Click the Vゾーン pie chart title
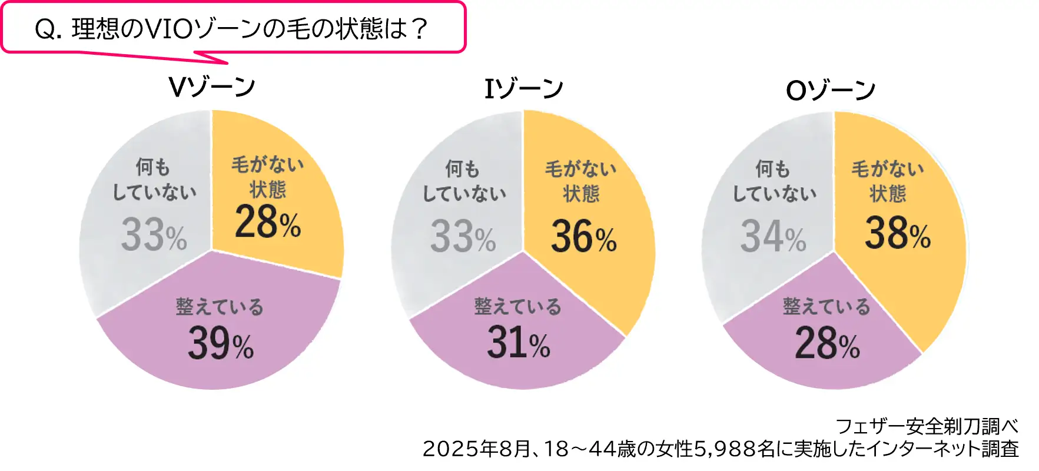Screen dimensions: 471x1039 [212, 87]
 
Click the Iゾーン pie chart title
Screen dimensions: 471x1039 [523, 89]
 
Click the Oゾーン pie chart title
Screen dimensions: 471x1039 [831, 91]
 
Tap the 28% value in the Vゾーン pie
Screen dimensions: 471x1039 [268, 223]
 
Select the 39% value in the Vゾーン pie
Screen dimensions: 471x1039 [221, 344]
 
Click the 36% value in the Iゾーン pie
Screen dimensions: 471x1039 [583, 237]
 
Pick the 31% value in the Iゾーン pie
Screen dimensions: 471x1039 [518, 343]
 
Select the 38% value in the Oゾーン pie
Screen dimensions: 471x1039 [897, 233]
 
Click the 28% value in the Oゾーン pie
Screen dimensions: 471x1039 [827, 344]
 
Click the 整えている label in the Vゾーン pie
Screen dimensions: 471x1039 [220, 307]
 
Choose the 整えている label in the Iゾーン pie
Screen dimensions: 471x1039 [517, 306]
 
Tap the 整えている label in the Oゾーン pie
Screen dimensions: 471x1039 [826, 306]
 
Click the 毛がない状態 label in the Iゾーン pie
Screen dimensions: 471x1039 [581, 181]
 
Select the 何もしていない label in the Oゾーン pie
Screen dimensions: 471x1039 [774, 181]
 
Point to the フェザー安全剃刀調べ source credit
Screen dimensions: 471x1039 [927, 426]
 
